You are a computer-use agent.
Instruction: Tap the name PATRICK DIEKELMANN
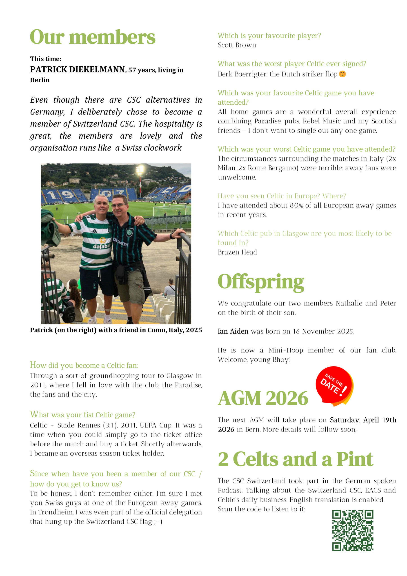tap(78, 70)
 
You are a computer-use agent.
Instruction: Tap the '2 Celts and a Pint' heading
tap(296, 459)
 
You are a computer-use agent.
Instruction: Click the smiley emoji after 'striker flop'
tap(342, 74)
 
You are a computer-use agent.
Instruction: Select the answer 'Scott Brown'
tap(237, 45)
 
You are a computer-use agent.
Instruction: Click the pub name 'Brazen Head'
tap(237, 252)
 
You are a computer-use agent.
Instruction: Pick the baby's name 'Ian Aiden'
tap(233, 331)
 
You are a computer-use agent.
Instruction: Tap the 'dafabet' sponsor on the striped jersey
tap(102, 246)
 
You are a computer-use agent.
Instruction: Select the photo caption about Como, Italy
tap(116, 330)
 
